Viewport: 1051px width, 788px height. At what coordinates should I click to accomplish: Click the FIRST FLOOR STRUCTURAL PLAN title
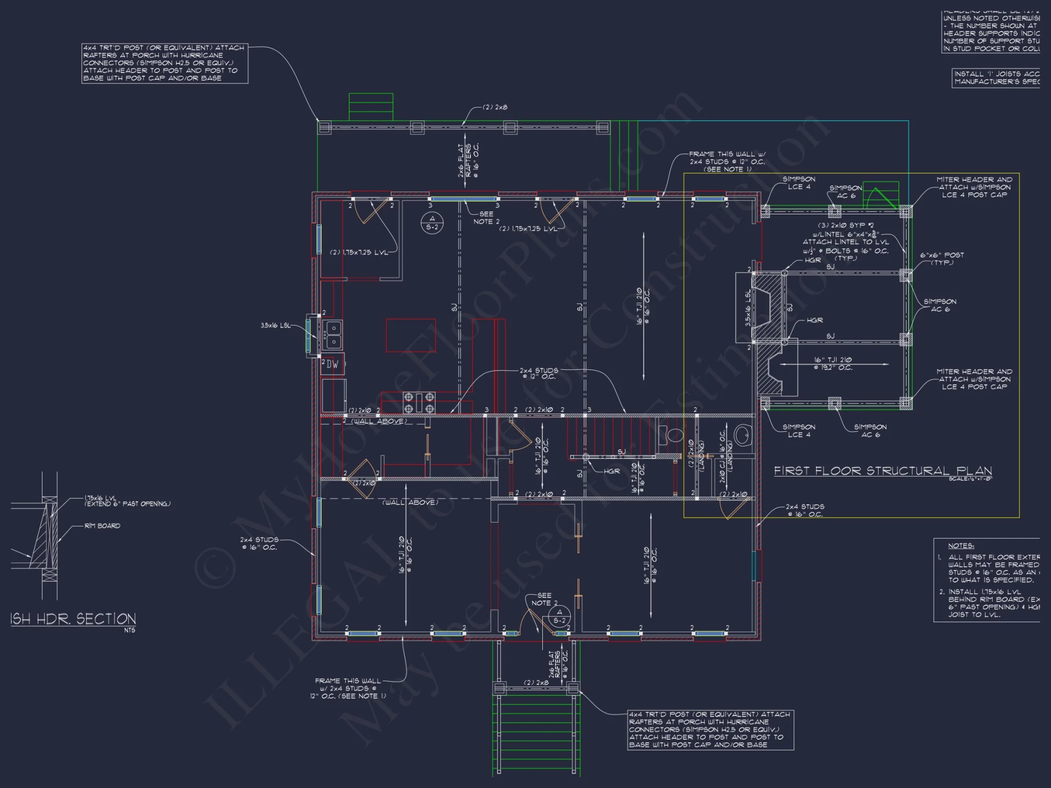coord(883,471)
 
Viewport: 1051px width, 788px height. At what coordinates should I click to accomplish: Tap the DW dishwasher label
coord(333,364)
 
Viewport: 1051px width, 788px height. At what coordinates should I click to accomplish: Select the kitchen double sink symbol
coord(333,335)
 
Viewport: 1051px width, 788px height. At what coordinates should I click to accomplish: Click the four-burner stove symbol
coord(419,402)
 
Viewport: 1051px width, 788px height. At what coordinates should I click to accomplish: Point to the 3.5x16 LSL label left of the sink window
coord(275,326)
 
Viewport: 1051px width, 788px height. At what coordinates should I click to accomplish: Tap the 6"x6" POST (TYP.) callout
coord(942,258)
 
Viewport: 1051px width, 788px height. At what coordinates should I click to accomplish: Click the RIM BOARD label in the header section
coord(102,526)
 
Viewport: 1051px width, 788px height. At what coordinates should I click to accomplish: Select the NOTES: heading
coord(961,546)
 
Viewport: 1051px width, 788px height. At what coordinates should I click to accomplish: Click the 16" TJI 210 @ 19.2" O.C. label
coord(833,364)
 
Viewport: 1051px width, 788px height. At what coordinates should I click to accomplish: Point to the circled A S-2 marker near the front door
coord(560,616)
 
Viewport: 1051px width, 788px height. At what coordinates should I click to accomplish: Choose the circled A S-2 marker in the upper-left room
coord(432,223)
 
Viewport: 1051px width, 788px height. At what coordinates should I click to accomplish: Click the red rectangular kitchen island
coord(411,335)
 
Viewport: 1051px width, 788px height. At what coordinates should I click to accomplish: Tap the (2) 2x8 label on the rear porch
coord(495,107)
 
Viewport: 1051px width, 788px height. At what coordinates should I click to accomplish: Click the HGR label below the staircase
coord(612,471)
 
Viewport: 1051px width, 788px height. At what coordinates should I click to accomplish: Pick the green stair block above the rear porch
coord(371,107)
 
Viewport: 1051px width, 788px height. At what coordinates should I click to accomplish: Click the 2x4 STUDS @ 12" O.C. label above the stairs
coord(539,374)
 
